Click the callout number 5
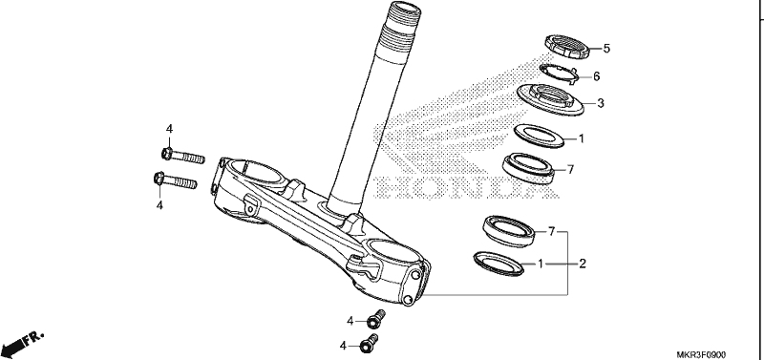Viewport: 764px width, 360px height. [x=606, y=49]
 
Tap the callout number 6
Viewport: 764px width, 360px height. [x=596, y=76]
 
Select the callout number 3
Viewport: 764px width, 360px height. [x=601, y=103]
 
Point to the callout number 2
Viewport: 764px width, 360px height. [x=583, y=265]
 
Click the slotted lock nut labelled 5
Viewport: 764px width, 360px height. [x=567, y=46]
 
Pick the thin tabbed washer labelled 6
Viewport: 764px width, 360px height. [x=559, y=73]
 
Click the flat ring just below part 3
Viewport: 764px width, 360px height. [x=540, y=136]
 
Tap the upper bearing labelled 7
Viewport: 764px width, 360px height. [x=529, y=168]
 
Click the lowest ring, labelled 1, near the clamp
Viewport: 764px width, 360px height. [x=499, y=264]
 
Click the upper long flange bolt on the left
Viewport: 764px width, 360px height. [x=182, y=156]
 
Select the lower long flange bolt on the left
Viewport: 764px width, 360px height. [x=175, y=180]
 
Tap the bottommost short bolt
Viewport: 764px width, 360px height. [x=369, y=343]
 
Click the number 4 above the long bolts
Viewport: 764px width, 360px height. [x=169, y=129]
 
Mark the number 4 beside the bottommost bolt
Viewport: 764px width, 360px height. [x=343, y=346]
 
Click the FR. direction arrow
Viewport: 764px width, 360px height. [x=23, y=344]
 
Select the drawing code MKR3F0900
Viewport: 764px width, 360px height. [x=704, y=355]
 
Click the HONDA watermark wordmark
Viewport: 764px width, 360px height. [x=467, y=187]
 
